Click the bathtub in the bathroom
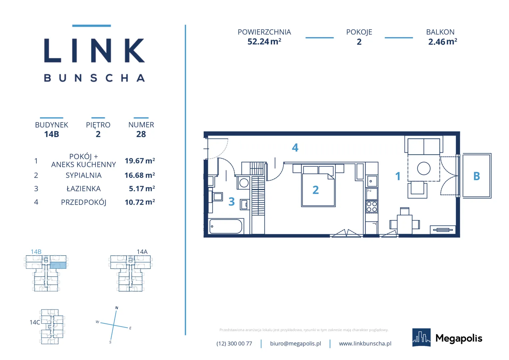[x=226, y=226]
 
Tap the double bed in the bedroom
[x=318, y=186]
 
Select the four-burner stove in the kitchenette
[x=371, y=207]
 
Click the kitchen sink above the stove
[x=371, y=181]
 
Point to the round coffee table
[x=424, y=169]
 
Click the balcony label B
[x=477, y=176]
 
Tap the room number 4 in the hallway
[x=295, y=148]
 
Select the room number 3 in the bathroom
[x=232, y=201]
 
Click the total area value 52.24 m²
[x=264, y=42]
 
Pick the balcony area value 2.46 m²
[x=443, y=42]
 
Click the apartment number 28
[x=141, y=134]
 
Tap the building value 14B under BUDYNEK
[x=52, y=134]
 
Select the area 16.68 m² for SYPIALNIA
[x=140, y=175]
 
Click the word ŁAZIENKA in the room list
[x=83, y=189]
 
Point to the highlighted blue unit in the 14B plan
[x=58, y=265]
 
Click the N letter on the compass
[x=117, y=308]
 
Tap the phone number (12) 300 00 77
[x=234, y=343]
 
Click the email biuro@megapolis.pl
[x=295, y=343]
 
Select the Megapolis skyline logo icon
[x=421, y=337]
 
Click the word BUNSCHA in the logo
[x=94, y=78]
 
